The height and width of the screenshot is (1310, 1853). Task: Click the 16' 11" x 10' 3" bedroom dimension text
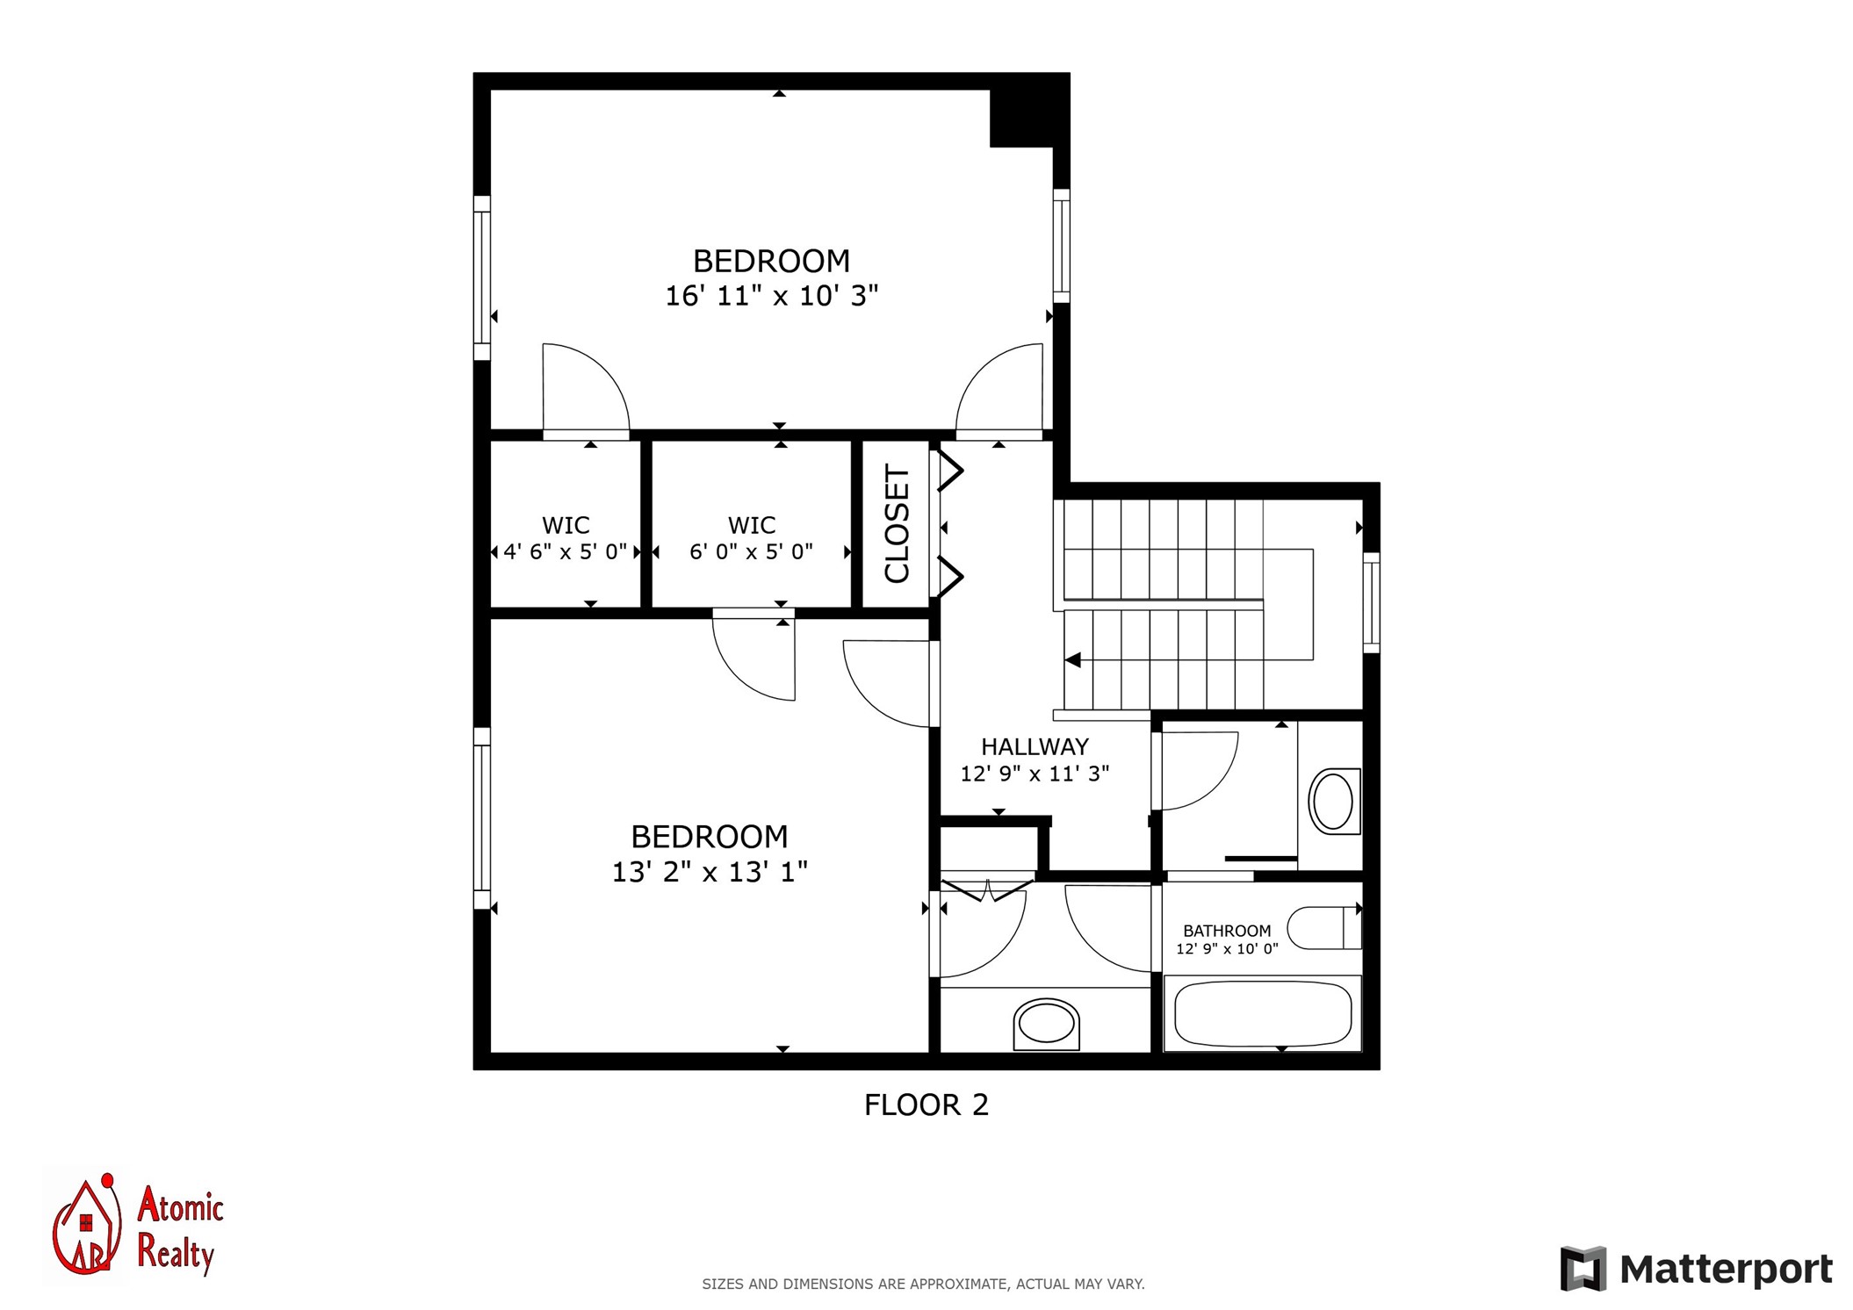771,296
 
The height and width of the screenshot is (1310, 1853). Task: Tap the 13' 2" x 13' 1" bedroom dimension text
710,872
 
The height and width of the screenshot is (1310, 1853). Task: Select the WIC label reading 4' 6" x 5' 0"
566,538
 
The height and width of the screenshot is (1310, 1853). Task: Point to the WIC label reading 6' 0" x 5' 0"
752,538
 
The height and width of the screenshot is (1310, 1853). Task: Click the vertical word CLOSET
897,523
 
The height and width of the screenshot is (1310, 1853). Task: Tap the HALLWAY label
1035,746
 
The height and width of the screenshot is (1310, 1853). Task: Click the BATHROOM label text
1227,931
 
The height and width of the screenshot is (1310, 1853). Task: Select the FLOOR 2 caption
926,1105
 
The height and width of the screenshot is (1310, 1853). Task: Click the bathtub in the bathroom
1263,1013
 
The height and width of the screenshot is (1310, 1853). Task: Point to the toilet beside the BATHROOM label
1324,928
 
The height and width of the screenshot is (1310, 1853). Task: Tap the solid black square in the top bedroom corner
1021,118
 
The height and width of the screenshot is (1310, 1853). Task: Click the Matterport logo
1697,1269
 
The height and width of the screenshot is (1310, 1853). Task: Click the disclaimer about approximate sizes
923,1284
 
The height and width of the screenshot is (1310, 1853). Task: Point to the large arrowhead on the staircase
1072,659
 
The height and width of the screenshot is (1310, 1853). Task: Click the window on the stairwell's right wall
1371,602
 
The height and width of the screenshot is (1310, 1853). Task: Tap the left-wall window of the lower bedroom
482,818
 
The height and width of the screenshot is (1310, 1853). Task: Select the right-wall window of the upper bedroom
1062,246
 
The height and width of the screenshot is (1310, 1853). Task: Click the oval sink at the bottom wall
1046,1024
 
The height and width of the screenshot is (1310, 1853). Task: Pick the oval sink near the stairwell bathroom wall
1334,801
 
